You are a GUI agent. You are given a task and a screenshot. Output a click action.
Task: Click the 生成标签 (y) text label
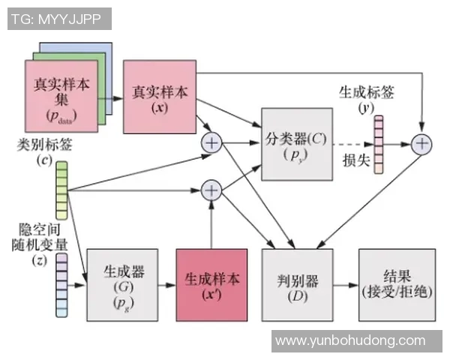(x=367, y=100)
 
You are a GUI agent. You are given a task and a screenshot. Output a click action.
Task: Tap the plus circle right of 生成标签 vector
(x=423, y=143)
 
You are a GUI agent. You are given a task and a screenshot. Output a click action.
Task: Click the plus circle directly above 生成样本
(x=211, y=190)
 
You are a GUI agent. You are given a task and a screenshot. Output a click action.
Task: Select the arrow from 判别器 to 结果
(x=346, y=286)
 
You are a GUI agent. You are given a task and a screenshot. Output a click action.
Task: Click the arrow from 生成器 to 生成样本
(x=166, y=286)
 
